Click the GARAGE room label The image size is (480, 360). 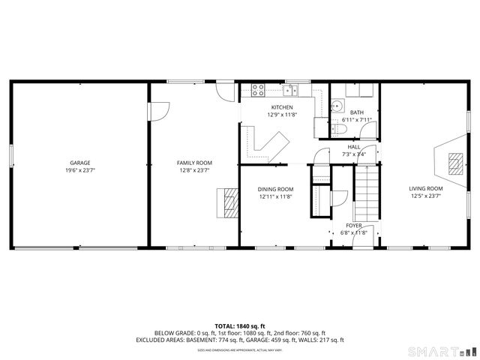coord(80,163)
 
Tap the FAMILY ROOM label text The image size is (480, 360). coord(194,163)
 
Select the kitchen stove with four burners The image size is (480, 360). coord(258,90)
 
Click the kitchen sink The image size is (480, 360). coord(291,91)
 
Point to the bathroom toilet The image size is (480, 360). coord(338,130)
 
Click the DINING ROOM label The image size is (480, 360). coord(275,189)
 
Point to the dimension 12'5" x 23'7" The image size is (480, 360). coord(425,196)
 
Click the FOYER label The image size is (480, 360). coord(354,225)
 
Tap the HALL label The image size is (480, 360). coord(354,147)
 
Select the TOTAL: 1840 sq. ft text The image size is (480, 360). coord(239,326)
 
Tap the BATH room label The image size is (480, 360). coord(357,112)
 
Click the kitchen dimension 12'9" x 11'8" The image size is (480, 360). coord(282,115)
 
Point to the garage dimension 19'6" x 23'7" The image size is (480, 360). coord(80,170)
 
